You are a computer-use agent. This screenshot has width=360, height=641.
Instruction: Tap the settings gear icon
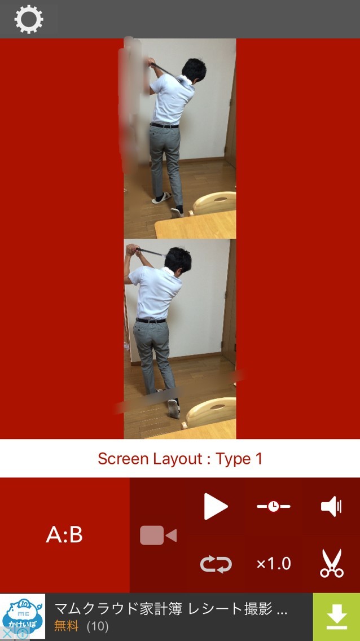point(29,19)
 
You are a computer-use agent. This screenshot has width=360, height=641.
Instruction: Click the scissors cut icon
point(331,563)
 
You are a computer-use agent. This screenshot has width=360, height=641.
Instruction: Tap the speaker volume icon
point(331,507)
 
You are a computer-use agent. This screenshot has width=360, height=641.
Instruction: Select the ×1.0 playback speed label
point(273,564)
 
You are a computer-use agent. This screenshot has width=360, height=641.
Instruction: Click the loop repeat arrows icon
point(216,564)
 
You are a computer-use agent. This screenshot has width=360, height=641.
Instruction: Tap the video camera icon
point(158,535)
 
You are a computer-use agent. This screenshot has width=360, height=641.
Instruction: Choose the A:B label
point(64,535)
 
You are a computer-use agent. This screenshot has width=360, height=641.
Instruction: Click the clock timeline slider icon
point(273,507)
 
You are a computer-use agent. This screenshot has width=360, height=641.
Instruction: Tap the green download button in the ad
point(336,617)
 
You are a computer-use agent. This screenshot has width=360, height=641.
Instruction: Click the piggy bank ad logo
point(23,617)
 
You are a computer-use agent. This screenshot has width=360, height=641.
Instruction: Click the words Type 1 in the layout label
point(239,459)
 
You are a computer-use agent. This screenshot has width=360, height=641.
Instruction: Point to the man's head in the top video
point(194,70)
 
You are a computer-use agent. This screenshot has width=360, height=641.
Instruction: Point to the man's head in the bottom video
point(178,260)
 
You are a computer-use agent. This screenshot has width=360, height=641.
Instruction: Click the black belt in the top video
point(164,125)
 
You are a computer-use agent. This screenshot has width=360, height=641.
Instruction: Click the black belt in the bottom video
point(151,320)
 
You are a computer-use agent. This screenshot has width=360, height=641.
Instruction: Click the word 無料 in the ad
point(66,626)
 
